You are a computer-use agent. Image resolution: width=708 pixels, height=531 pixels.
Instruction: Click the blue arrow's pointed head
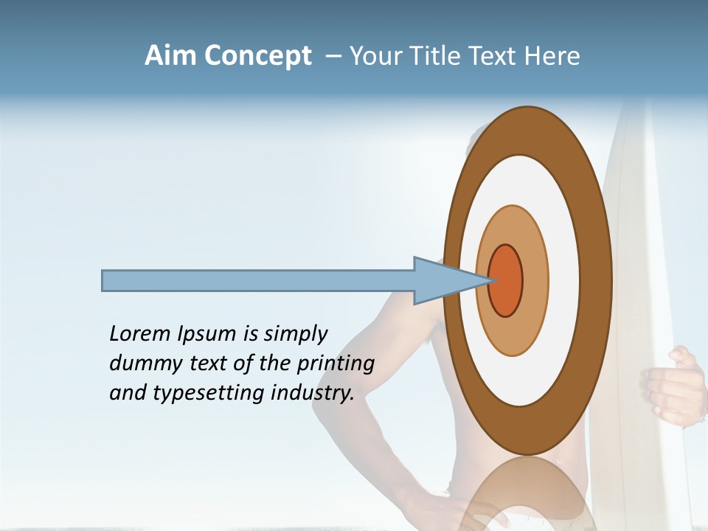pyautogui.click(x=450, y=281)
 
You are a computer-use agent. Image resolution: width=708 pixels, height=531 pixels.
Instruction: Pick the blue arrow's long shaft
pyautogui.click(x=258, y=281)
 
